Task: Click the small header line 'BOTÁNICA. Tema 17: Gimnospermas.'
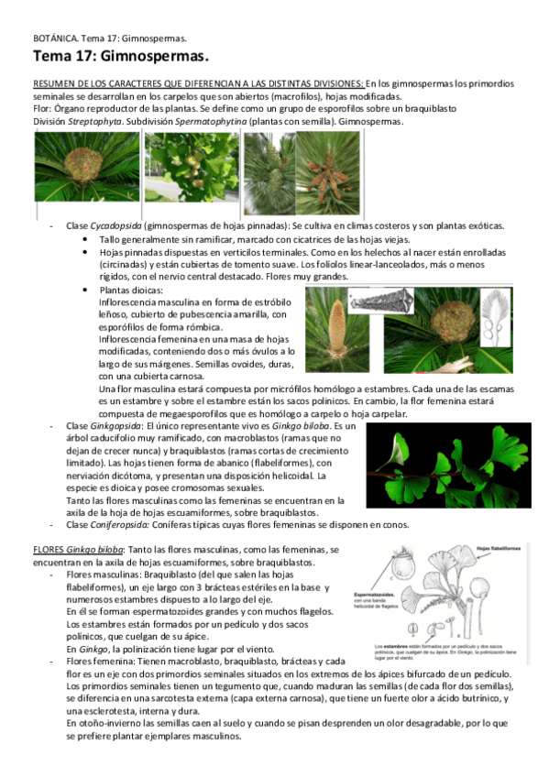point(109,39)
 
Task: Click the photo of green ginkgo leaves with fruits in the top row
point(192,168)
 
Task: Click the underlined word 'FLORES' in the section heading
point(48,548)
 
